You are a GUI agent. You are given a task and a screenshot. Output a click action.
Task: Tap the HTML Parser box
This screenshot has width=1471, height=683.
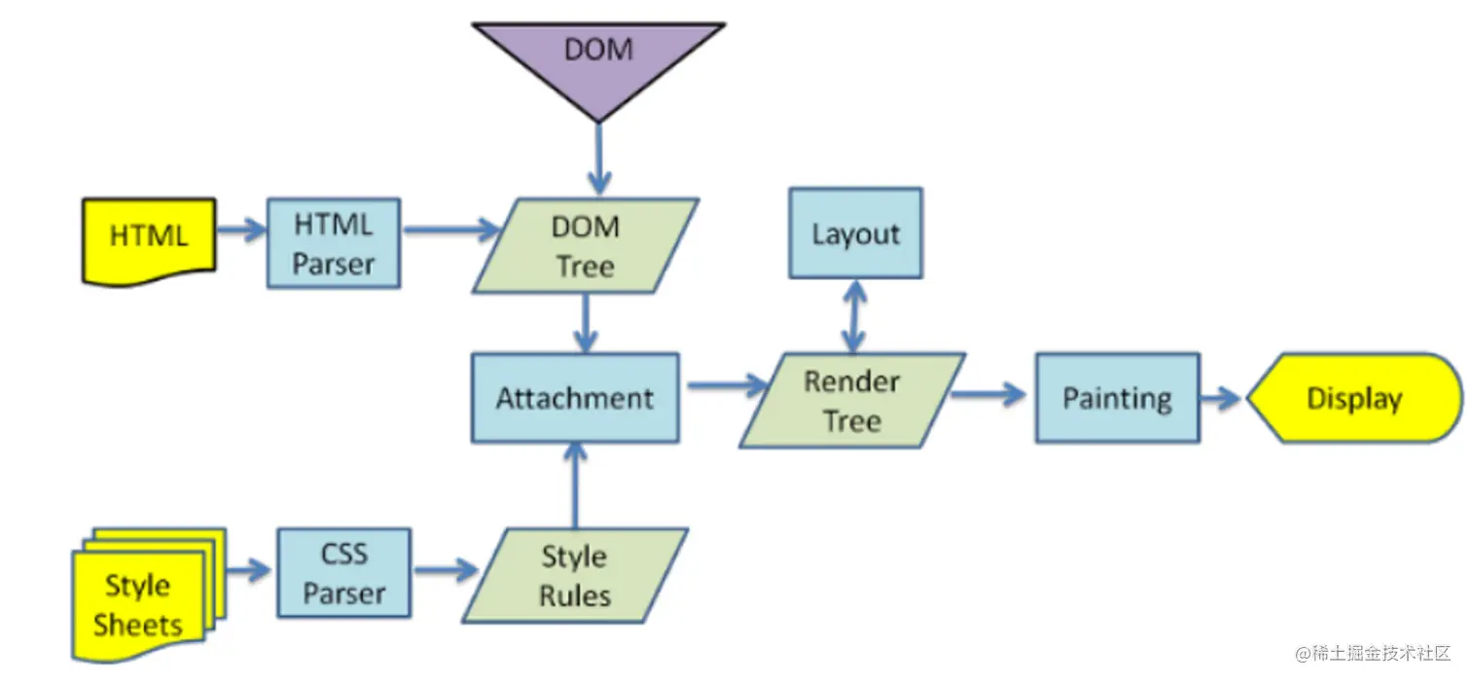[x=334, y=243]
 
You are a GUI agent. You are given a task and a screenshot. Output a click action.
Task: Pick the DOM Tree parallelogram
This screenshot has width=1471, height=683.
[x=586, y=245]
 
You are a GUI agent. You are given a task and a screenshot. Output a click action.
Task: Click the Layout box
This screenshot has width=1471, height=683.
[x=855, y=234]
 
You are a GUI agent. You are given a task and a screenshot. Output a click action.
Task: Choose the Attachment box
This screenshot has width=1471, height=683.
[x=575, y=398]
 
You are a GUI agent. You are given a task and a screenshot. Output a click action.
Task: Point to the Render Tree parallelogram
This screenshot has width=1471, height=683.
[x=852, y=400]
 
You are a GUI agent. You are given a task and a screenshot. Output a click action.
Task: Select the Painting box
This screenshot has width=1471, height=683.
[x=1117, y=398]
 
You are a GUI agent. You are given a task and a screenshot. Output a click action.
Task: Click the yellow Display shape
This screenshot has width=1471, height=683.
[x=1354, y=398]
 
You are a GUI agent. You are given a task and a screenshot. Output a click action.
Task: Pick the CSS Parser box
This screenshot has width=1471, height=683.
[x=344, y=573]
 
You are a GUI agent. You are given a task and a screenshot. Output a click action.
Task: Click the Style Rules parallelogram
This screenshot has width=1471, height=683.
[x=575, y=576]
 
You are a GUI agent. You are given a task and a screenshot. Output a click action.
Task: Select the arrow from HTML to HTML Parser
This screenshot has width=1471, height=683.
[x=240, y=231]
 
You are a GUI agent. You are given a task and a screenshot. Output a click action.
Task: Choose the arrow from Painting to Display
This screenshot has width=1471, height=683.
[x=1222, y=398]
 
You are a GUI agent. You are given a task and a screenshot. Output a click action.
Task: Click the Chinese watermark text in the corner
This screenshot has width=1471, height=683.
[x=1373, y=653]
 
